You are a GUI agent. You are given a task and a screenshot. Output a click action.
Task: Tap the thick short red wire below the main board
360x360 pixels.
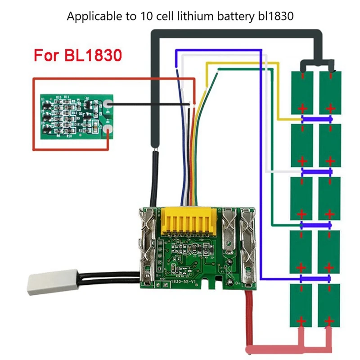pyautogui.click(x=248, y=315)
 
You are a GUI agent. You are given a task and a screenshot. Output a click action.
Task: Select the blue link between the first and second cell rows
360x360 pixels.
pyautogui.click(x=317, y=119)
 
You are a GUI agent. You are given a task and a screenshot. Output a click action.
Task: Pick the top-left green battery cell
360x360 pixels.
pyautogui.click(x=301, y=92)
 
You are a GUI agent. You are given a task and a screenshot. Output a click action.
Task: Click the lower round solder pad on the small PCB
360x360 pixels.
pyautogui.click(x=108, y=131)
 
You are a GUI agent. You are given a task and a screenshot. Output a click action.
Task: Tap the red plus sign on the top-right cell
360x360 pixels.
pyautogui.click(x=331, y=108)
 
